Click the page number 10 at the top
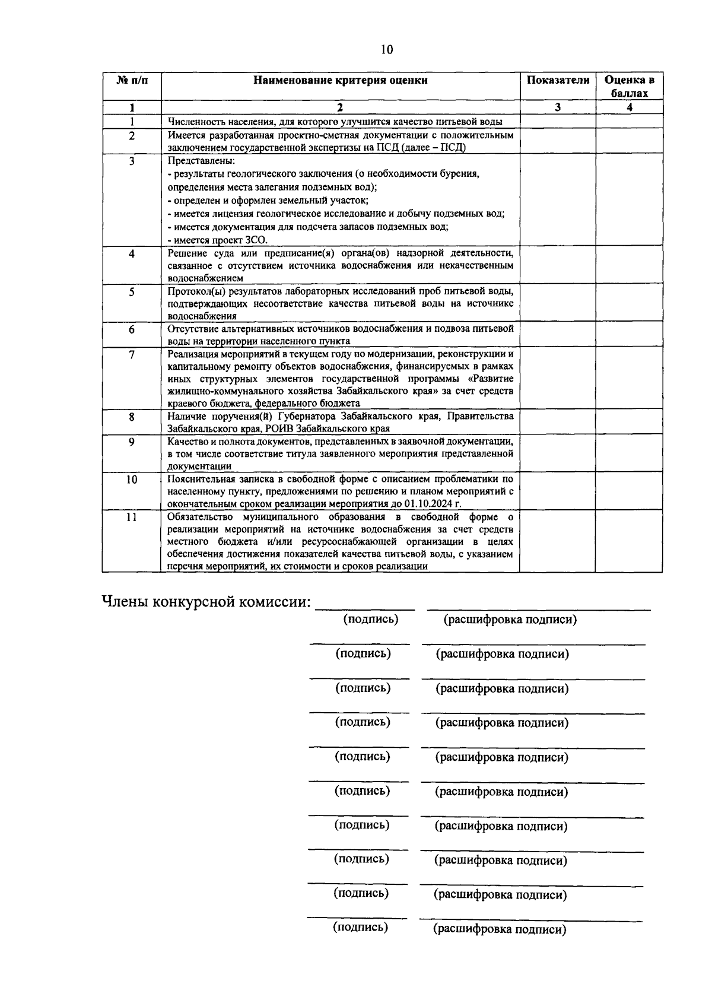pos(387,50)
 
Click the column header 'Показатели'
pos(558,80)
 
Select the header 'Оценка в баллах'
pos(629,87)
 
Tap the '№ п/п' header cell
pos(132,80)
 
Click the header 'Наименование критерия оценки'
pos(341,80)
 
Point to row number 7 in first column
pos(132,354)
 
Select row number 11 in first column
pos(132,517)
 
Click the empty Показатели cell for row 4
pos(558,265)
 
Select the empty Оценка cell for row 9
pos(629,454)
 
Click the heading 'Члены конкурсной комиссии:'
pos(206,602)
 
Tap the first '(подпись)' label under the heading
pos(371,620)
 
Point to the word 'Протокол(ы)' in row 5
pos(195,291)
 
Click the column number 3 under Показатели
pos(558,107)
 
